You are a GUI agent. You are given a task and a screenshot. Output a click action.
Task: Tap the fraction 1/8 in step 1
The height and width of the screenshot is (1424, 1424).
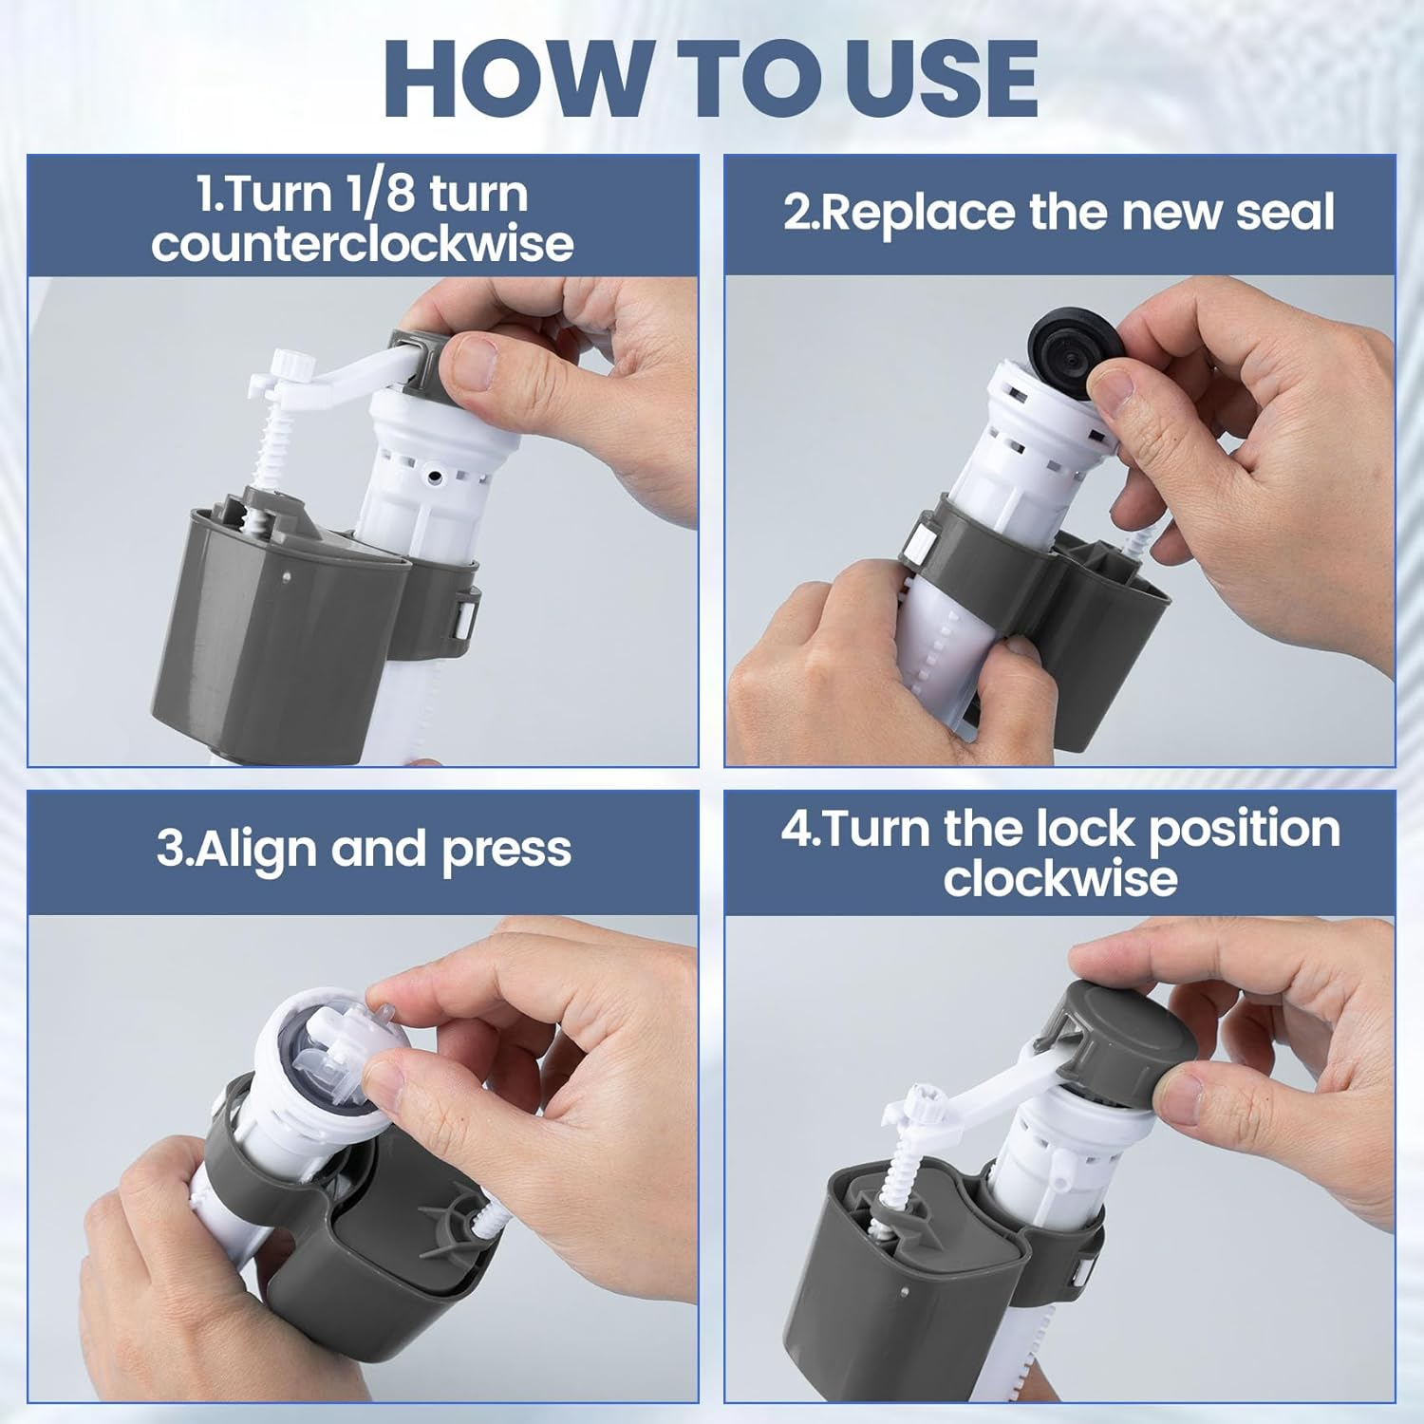tap(367, 194)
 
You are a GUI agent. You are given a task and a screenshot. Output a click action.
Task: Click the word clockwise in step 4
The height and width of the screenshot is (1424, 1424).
tap(1060, 878)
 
